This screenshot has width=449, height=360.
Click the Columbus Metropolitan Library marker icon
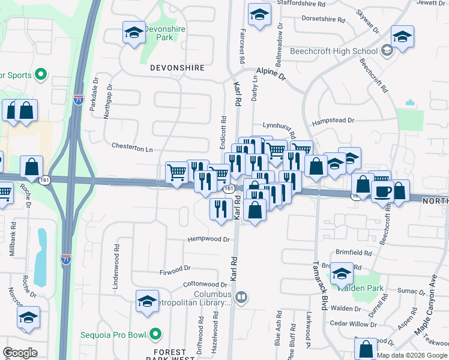point(241,296)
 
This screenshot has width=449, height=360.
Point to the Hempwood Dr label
point(209,239)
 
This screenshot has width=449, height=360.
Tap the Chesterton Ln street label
point(132,146)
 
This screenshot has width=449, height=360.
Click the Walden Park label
point(360,287)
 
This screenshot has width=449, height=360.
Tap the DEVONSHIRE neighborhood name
point(178,68)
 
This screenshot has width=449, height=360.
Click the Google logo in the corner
point(20,353)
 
